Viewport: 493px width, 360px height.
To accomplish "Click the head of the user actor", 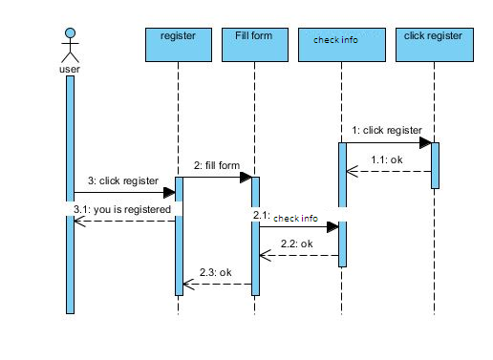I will (69, 33).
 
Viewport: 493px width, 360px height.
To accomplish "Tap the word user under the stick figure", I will (69, 69).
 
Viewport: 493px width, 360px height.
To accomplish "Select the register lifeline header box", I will (178, 45).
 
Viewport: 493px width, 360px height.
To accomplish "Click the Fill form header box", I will (254, 45).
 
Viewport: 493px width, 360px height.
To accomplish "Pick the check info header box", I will (342, 45).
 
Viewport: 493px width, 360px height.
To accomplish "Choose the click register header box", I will (434, 45).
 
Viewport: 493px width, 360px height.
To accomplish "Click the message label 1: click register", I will (386, 130).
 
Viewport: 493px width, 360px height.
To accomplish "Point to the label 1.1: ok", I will (387, 159).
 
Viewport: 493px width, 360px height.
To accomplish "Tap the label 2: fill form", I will (217, 165).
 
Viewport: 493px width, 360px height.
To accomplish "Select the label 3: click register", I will (123, 180).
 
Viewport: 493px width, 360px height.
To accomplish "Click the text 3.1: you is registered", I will (122, 208).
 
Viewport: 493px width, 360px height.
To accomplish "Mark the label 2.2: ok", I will (297, 244).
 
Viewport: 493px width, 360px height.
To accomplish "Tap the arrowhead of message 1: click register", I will (424, 143).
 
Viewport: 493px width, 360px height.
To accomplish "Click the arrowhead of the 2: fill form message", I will (245, 178).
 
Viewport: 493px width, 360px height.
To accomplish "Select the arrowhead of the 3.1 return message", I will (78, 221).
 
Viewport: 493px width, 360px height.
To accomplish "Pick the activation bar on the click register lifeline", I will (435, 165).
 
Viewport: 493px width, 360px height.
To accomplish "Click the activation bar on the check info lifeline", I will (342, 203).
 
